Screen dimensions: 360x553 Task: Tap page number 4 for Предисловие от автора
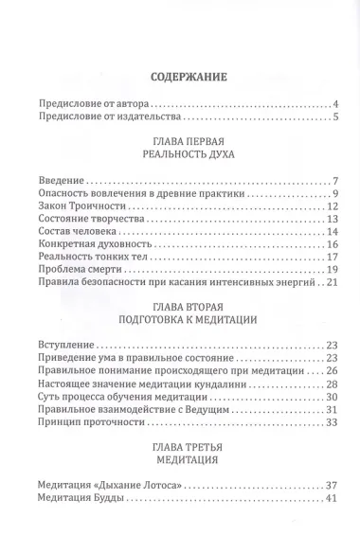336,102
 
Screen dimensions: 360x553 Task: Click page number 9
336,194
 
